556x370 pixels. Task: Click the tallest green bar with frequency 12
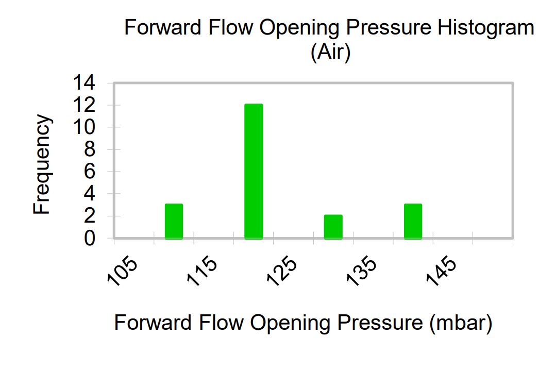coord(254,171)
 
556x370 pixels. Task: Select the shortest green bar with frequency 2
coord(333,227)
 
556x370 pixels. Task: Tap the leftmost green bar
coord(174,222)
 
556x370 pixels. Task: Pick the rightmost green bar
coord(413,222)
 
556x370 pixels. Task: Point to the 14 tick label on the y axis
coord(84,83)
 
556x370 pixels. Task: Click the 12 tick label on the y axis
coord(84,105)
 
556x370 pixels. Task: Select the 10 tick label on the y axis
coord(84,127)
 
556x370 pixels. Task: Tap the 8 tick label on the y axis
coord(90,149)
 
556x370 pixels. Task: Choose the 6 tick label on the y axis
coord(90,172)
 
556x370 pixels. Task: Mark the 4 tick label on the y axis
coord(90,194)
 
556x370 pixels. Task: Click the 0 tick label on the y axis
coord(90,238)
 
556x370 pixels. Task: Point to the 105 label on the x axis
coord(122,271)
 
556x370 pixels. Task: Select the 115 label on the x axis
coord(202,271)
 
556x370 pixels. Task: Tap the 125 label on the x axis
coord(282,271)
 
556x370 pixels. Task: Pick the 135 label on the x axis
coord(362,271)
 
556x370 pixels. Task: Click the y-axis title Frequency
coord(42,164)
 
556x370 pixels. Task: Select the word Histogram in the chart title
coord(486,28)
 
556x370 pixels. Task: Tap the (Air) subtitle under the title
coord(330,52)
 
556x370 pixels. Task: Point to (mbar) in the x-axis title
coord(461,323)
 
